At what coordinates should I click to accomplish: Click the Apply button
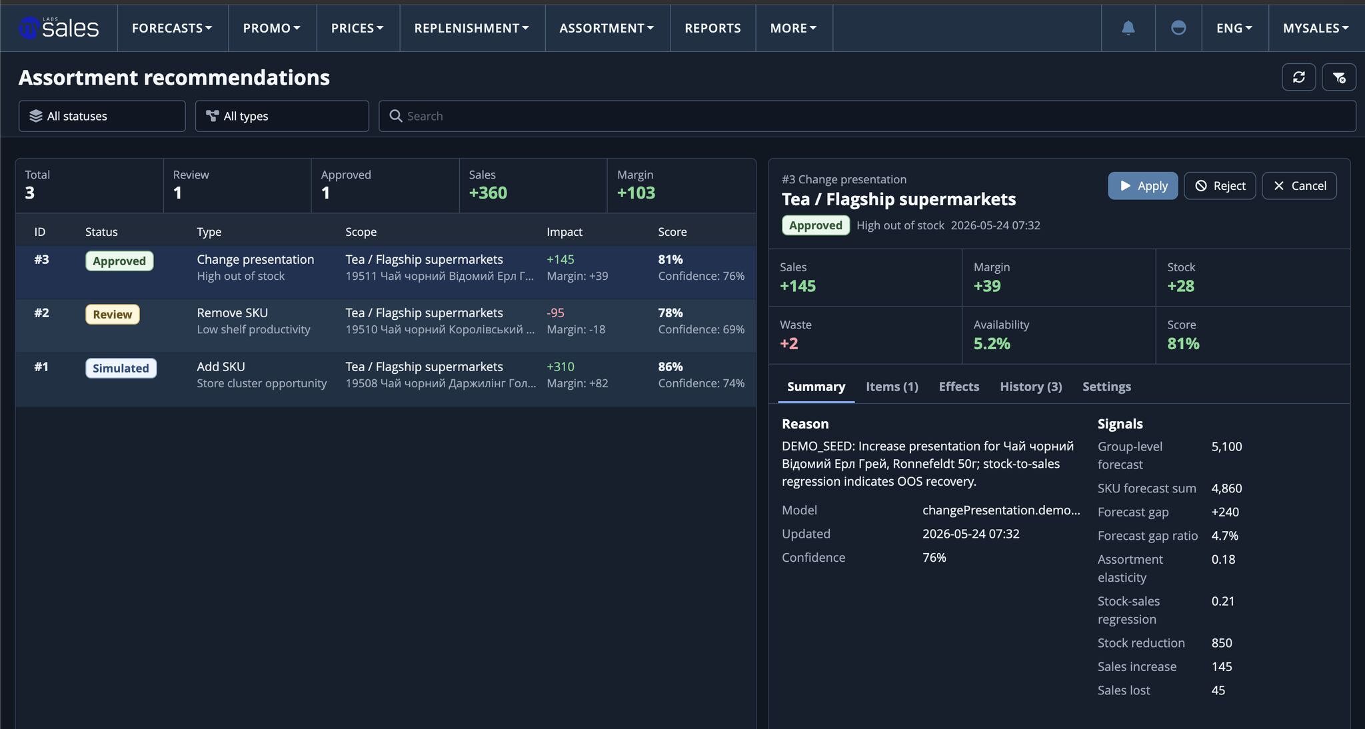tap(1142, 186)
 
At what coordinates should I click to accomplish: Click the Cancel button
tap(1299, 186)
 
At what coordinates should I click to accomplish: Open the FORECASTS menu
tap(172, 28)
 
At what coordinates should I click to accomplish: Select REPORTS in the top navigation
tap(712, 28)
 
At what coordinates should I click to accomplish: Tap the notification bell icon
tap(1128, 28)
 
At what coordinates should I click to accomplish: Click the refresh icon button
tap(1298, 77)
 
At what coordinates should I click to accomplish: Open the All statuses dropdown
tap(102, 116)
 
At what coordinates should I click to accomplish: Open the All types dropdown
tap(282, 116)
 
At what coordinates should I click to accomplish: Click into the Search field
tap(867, 116)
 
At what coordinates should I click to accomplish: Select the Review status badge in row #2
tap(112, 315)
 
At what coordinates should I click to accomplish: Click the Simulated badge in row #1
tap(121, 368)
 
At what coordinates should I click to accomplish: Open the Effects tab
tap(958, 386)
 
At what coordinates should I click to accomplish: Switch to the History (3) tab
tap(1030, 386)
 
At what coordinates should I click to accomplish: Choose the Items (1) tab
tap(892, 386)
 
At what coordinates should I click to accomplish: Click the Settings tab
tap(1106, 386)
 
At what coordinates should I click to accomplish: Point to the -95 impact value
tap(555, 313)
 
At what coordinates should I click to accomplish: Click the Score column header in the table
tap(672, 232)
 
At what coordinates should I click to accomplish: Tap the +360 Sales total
tap(488, 193)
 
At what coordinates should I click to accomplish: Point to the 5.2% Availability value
tap(992, 344)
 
